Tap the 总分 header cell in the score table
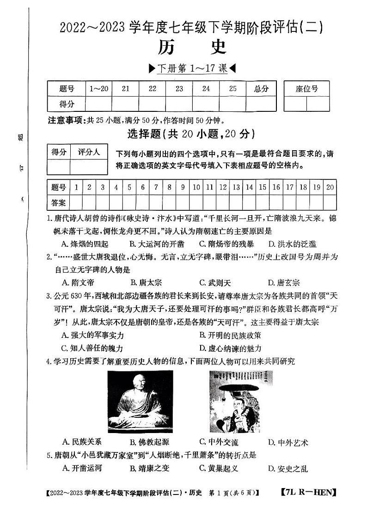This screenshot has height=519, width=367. coord(261,89)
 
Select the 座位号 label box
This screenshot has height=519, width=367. coord(307,89)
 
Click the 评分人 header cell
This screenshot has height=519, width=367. coord(89,152)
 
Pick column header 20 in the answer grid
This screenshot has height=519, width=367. coord(330,187)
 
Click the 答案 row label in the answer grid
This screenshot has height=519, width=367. coord(59,202)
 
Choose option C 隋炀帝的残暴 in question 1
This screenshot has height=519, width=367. coord(224,244)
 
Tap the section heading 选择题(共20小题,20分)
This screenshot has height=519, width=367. coord(190,134)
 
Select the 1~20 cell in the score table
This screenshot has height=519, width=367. coord(99,89)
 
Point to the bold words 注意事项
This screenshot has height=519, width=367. coord(64,121)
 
